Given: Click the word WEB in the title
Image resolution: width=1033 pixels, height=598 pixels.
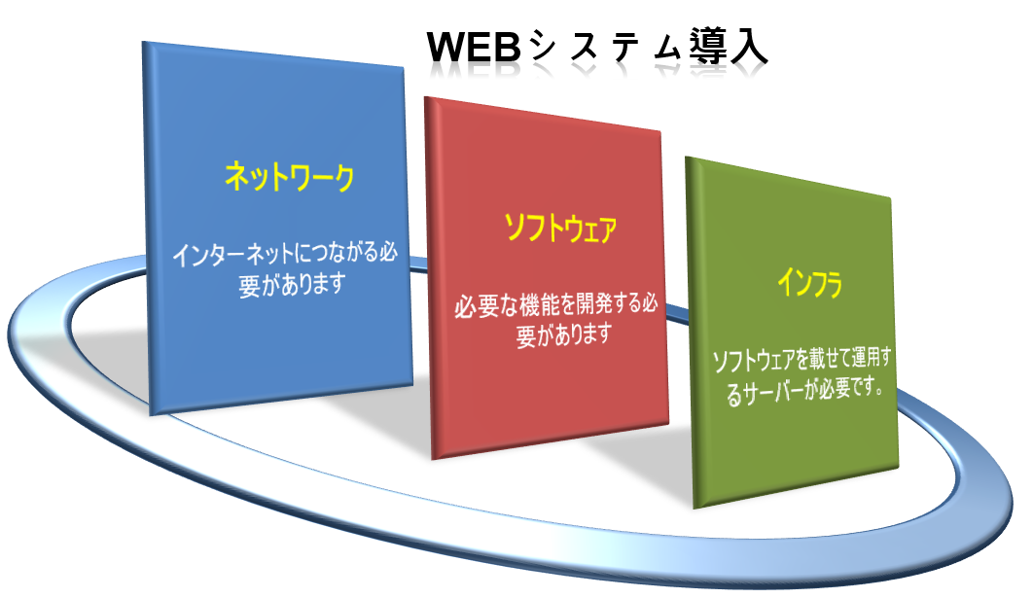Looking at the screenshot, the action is tap(475, 47).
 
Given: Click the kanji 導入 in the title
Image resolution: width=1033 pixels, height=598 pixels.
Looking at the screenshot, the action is tap(729, 47).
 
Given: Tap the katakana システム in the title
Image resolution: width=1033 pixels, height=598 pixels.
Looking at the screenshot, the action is tap(604, 47).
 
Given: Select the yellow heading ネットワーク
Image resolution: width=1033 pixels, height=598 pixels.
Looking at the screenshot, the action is tap(289, 177).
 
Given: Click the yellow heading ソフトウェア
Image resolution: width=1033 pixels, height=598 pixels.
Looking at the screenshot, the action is tap(560, 229).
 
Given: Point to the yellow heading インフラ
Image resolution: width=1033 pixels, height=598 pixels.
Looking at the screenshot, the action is tap(809, 283).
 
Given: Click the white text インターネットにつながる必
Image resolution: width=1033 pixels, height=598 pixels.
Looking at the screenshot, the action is tap(285, 254).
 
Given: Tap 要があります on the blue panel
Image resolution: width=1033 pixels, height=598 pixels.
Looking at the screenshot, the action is tap(292, 285).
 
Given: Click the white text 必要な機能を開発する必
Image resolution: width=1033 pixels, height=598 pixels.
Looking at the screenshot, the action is tap(556, 305).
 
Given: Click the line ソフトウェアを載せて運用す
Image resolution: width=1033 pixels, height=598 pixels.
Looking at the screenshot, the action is tap(801, 359).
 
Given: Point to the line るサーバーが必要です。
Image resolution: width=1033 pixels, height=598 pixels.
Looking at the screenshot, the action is tap(804, 391).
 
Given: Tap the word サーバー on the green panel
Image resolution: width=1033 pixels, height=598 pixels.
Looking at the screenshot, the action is tap(769, 393).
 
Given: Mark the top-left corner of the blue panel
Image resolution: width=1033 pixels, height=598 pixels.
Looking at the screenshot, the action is tap(142, 42).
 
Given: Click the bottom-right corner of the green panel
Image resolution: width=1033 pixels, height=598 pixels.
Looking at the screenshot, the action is tap(899, 468).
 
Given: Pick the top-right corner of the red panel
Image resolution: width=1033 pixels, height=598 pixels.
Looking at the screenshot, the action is tap(660, 130).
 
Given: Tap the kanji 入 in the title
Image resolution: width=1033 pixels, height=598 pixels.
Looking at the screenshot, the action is tap(749, 47).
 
